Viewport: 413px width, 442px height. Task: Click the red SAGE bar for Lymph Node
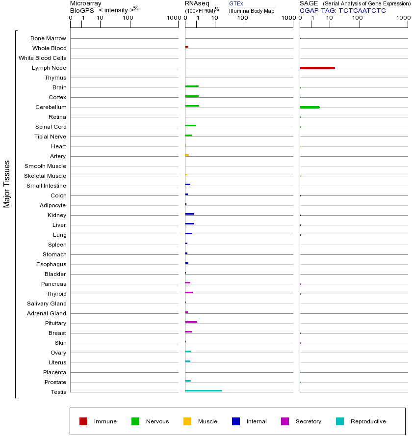click(317, 68)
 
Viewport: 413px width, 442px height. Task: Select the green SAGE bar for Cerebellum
click(310, 107)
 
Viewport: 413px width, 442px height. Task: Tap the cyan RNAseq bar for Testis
click(203, 391)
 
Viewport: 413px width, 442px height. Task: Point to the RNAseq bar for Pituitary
click(191, 322)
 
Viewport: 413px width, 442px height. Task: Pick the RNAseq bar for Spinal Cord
click(190, 126)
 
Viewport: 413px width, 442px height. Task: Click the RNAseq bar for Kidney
click(189, 214)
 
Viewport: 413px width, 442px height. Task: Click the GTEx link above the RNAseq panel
click(236, 3)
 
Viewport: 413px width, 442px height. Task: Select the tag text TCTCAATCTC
click(362, 11)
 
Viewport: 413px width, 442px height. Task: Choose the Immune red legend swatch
click(83, 421)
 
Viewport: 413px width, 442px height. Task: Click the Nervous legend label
click(157, 421)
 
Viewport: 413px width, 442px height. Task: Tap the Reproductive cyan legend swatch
click(340, 421)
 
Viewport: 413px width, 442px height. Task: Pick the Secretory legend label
click(309, 421)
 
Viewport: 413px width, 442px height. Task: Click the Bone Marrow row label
click(48, 38)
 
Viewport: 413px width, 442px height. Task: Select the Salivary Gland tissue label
click(47, 304)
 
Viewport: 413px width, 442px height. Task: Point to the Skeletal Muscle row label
click(45, 176)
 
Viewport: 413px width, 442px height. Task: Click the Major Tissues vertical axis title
click(7, 184)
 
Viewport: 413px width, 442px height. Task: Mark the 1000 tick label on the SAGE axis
click(403, 18)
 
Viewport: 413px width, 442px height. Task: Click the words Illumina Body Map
click(252, 11)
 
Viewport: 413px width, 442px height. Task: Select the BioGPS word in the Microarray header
click(82, 10)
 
